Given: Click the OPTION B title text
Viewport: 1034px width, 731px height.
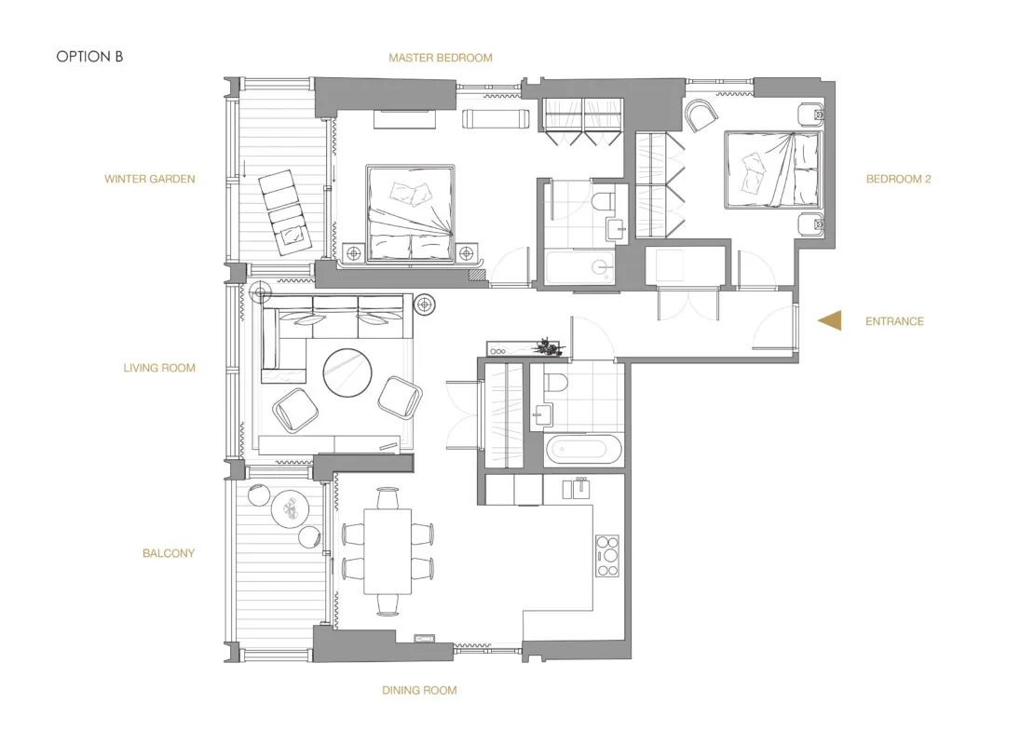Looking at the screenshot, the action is coord(89,57).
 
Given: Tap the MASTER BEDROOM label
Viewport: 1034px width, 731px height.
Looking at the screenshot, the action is coord(441,58).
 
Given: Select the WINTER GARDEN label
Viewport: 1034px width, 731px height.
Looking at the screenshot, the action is coord(150,179).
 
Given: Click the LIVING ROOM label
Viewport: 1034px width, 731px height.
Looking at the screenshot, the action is coord(159,368).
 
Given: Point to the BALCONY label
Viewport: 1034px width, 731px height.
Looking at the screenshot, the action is coord(169,553).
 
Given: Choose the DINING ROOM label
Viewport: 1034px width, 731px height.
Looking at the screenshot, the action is coord(419,690).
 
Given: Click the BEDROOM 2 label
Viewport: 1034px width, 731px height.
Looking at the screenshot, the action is coord(898,179).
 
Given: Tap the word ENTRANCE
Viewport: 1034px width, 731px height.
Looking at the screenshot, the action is coord(894,321).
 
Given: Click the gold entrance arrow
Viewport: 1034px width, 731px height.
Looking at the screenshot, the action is coord(830,320).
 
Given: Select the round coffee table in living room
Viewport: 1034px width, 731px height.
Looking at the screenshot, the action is coord(347,373).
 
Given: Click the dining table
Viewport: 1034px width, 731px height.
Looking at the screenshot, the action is coord(388,551).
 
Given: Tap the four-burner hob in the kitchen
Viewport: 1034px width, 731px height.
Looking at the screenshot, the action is coord(607,556).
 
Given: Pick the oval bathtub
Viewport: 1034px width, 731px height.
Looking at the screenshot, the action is coord(583,450).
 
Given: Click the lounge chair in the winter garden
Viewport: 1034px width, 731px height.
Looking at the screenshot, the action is coord(285,212).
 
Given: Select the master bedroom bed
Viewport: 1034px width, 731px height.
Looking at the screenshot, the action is coord(410,213).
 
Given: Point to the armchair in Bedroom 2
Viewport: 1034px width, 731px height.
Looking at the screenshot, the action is coord(701,115).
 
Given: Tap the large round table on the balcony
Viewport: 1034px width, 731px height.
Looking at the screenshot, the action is coord(290,508).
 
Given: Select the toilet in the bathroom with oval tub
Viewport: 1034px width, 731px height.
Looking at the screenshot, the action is coord(556,384).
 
